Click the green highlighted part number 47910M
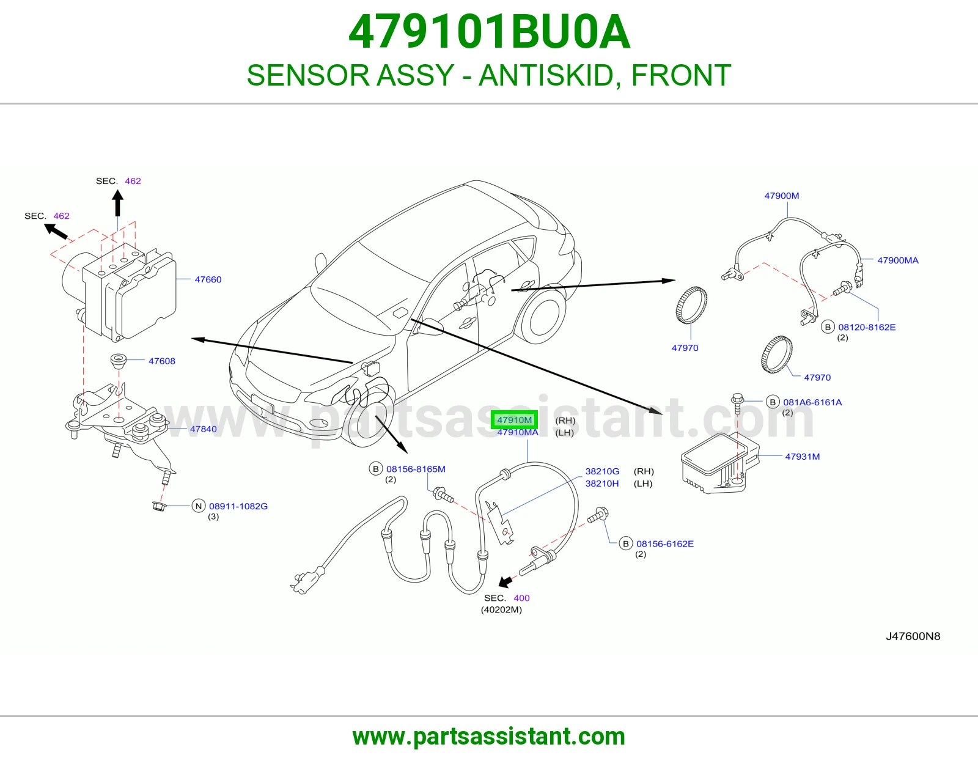[x=514, y=420]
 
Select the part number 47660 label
[x=208, y=279]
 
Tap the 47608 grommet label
[x=162, y=361]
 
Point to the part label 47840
[x=204, y=429]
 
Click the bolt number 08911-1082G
[x=238, y=506]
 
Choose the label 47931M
[x=803, y=457]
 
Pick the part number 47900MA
[x=898, y=260]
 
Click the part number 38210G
[x=602, y=471]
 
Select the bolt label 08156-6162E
[x=665, y=544]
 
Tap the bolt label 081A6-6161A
[x=812, y=402]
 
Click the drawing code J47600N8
[x=913, y=636]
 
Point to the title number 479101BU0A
[x=489, y=32]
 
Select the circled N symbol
[x=199, y=506]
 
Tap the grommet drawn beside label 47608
[x=119, y=361]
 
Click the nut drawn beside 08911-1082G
[x=158, y=506]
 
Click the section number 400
[x=521, y=598]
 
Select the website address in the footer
[x=489, y=737]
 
